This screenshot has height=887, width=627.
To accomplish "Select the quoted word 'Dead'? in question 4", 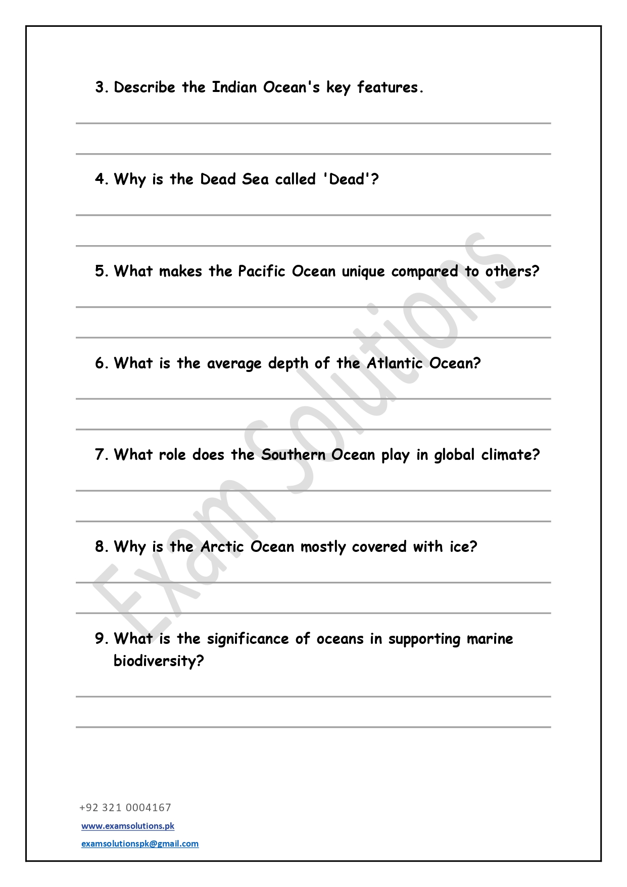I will point(351,179).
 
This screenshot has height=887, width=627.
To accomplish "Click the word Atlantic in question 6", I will point(395,363).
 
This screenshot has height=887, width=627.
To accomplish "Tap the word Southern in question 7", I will point(293,455).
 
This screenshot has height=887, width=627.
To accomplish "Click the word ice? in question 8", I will point(463,547).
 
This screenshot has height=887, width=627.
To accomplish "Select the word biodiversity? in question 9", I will point(159,661).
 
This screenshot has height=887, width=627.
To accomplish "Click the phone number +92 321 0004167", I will point(125,808).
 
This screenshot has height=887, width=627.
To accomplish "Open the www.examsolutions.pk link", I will point(128,826).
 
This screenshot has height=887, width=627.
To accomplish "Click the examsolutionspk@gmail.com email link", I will point(140,844).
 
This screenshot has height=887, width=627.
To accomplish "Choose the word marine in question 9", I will point(490,639).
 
